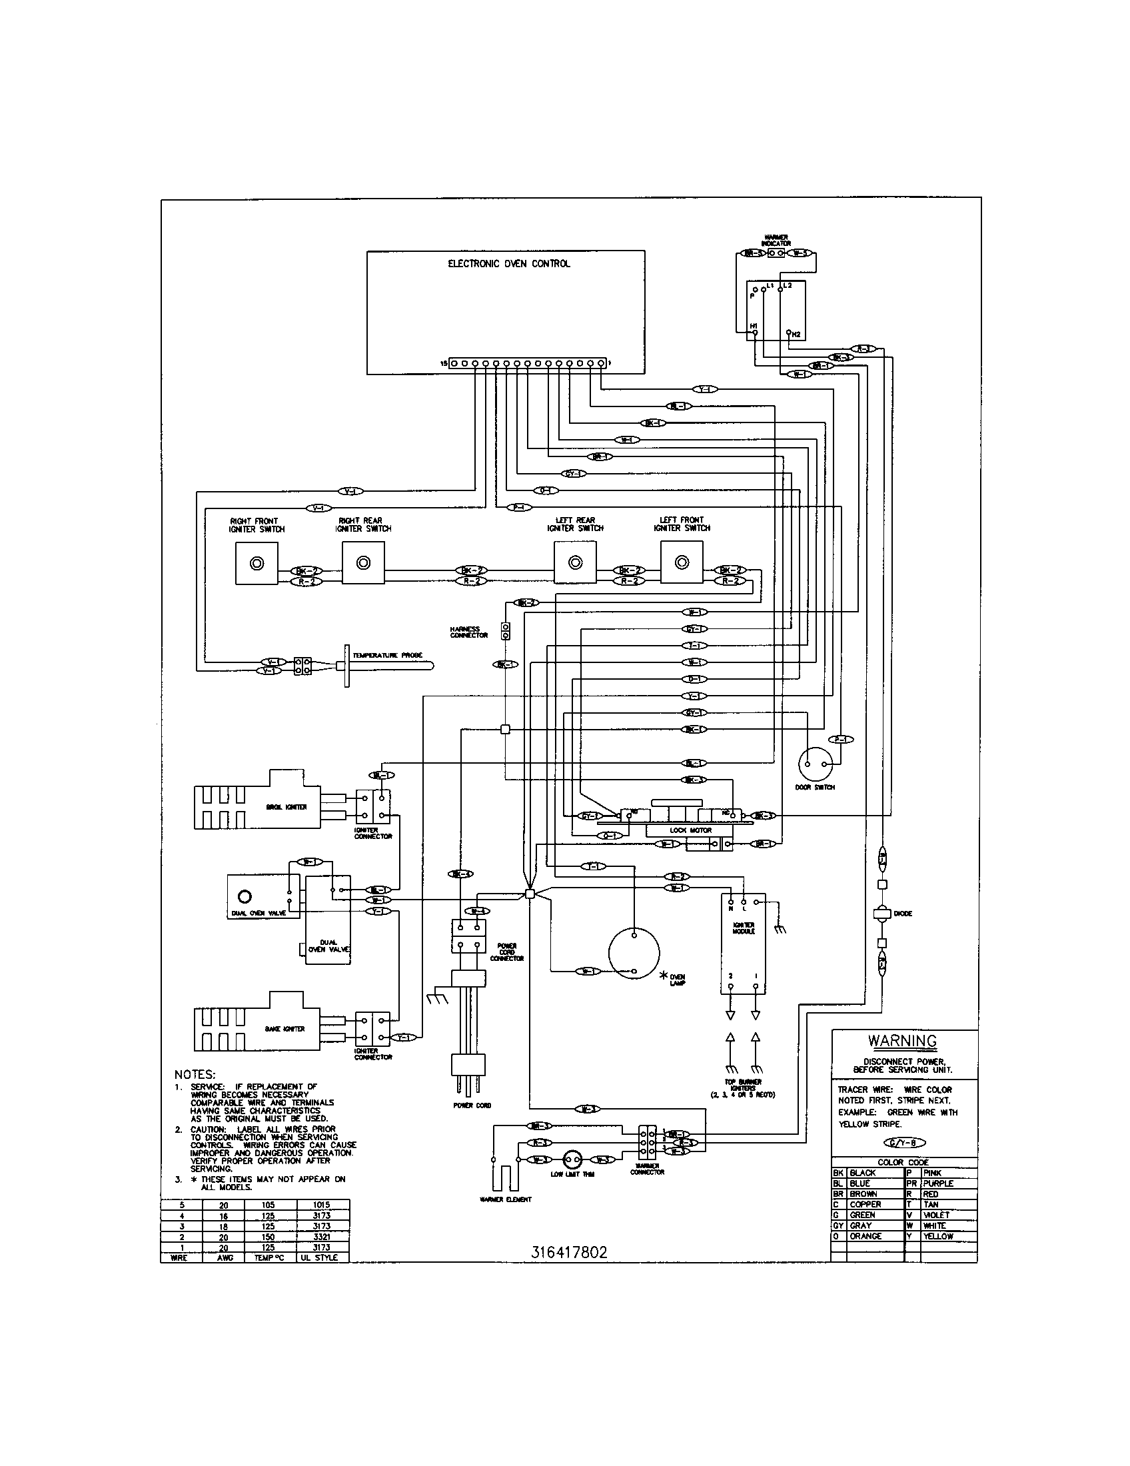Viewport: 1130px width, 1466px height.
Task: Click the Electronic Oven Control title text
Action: (508, 264)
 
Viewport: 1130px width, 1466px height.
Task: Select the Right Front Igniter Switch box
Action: (257, 564)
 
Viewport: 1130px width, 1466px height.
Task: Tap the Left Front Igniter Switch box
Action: (682, 563)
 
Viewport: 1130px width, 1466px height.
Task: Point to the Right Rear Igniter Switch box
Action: (363, 563)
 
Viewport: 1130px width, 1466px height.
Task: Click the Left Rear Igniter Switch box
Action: (575, 563)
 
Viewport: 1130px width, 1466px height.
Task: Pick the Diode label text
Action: (903, 914)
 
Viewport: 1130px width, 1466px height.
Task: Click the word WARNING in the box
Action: (902, 1041)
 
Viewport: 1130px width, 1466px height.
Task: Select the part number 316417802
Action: (569, 1252)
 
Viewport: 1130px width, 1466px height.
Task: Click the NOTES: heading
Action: (195, 1075)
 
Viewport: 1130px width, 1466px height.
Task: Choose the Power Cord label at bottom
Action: (472, 1105)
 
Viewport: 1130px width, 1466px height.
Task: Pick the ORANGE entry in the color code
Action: (865, 1235)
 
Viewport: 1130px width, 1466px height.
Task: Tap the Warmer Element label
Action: (505, 1199)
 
